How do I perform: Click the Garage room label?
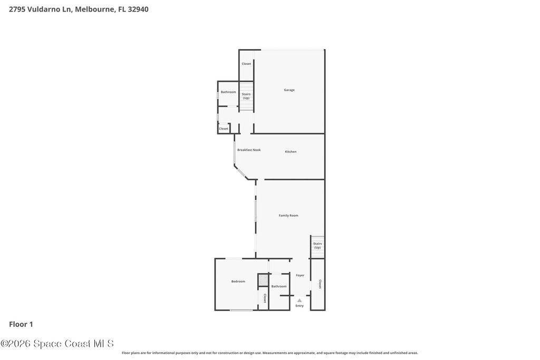pyautogui.click(x=290, y=90)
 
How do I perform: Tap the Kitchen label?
pyautogui.click(x=291, y=151)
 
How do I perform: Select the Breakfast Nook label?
pyautogui.click(x=249, y=150)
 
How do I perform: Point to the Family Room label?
pyautogui.click(x=288, y=216)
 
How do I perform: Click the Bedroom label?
pyautogui.click(x=238, y=281)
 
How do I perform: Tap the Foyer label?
pyautogui.click(x=300, y=275)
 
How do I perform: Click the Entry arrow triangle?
pyautogui.click(x=300, y=300)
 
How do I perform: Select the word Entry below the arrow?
pyautogui.click(x=300, y=306)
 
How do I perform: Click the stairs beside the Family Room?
pyautogui.click(x=317, y=247)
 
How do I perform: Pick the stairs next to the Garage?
pyautogui.click(x=247, y=96)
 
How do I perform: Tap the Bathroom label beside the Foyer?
pyautogui.click(x=279, y=286)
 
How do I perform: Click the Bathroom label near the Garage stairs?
pyautogui.click(x=228, y=92)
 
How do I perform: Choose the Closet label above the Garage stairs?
pyautogui.click(x=246, y=64)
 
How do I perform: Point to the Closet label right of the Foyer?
pyautogui.click(x=320, y=284)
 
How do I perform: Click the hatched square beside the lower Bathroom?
pyautogui.click(x=264, y=280)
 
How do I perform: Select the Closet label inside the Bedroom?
pyautogui.click(x=265, y=298)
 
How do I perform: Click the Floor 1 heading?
pyautogui.click(x=21, y=324)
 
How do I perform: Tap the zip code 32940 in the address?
pyautogui.click(x=138, y=9)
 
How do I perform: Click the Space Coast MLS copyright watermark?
pyautogui.click(x=57, y=344)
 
